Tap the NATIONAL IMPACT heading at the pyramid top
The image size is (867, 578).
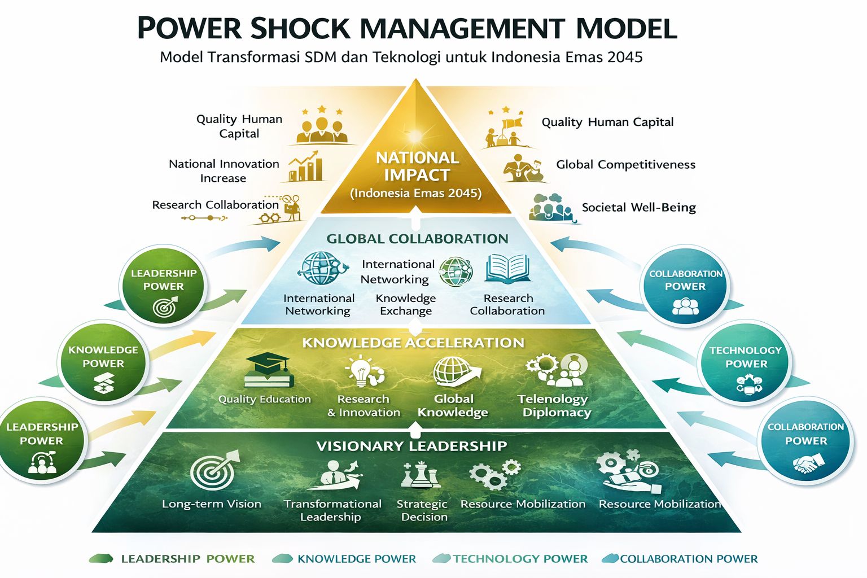pyautogui.click(x=417, y=166)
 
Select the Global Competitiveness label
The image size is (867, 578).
pyautogui.click(x=625, y=165)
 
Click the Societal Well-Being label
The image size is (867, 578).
pyautogui.click(x=638, y=208)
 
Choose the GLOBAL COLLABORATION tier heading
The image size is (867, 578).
pyautogui.click(x=417, y=239)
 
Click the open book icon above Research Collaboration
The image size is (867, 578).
pyautogui.click(x=507, y=268)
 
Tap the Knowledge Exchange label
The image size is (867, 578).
pyautogui.click(x=406, y=304)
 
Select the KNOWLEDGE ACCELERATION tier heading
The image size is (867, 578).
pyautogui.click(x=413, y=343)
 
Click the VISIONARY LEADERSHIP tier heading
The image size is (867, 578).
pyautogui.click(x=411, y=446)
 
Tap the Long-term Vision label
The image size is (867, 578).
pyautogui.click(x=212, y=504)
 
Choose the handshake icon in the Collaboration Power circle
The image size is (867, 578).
pyautogui.click(x=806, y=465)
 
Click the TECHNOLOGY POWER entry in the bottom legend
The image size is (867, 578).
pyautogui.click(x=519, y=559)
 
